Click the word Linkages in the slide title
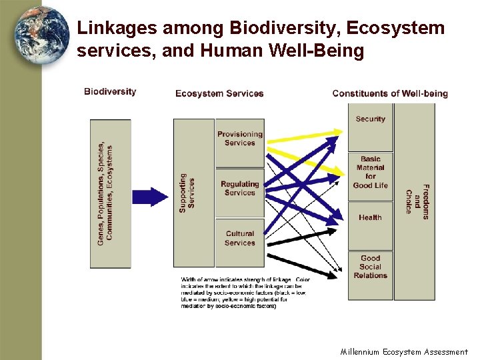tap(117, 29)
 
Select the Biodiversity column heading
tap(110, 92)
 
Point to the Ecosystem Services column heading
tap(219, 93)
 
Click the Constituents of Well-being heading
tap(390, 93)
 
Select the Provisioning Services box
tap(240, 139)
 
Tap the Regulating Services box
tap(240, 189)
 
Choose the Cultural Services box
tap(240, 239)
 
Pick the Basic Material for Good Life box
tap(370, 173)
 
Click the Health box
tap(370, 218)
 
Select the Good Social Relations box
tap(370, 267)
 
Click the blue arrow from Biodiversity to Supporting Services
tap(150, 197)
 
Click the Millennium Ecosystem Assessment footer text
tap(404, 352)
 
